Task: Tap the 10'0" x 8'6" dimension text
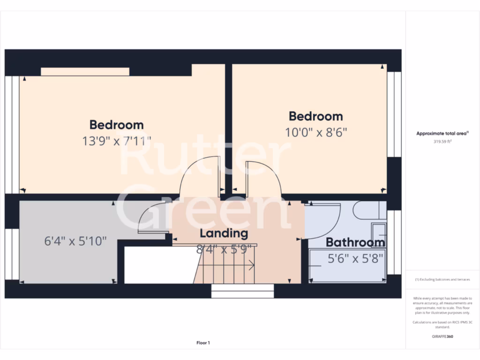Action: (316, 132)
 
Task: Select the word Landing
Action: (224, 233)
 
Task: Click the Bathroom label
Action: (355, 242)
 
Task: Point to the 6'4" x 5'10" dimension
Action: (75, 241)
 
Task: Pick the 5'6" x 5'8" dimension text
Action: (355, 257)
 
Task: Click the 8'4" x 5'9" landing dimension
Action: (224, 249)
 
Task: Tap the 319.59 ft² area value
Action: (442, 141)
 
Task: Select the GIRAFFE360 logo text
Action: (442, 336)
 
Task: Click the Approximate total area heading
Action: (442, 134)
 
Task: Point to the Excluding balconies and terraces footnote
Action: (442, 279)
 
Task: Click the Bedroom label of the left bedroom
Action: (116, 125)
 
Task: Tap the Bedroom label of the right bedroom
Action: (315, 116)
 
